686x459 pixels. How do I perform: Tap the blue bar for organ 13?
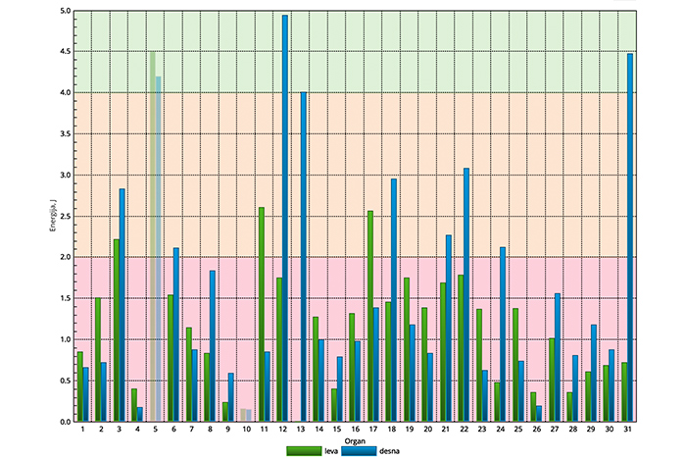click(304, 256)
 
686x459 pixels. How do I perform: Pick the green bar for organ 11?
click(261, 314)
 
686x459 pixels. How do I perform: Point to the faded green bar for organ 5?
click(152, 235)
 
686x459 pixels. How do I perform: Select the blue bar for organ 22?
click(466, 294)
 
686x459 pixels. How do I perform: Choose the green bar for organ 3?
click(116, 330)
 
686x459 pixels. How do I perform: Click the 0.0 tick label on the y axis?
click(66, 422)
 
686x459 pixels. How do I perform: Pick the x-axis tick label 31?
click(627, 430)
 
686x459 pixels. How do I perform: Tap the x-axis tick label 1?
click(82, 430)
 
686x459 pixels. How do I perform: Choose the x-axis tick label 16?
click(355, 430)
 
